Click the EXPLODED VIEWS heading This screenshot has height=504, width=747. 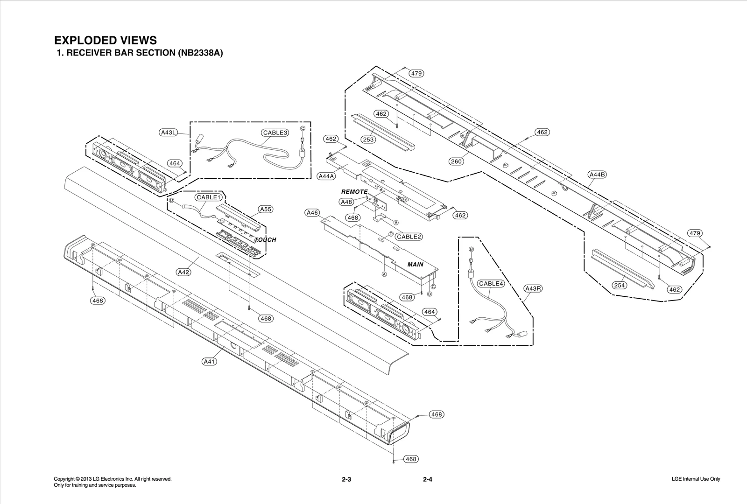coord(106,40)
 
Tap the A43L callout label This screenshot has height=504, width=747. coord(168,132)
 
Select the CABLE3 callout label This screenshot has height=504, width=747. coord(275,133)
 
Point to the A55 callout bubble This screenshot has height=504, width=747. coord(266,209)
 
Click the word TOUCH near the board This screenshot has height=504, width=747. coord(265,240)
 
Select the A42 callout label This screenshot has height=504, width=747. coord(184,272)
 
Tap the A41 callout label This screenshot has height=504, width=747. coord(210,361)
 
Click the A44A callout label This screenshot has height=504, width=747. coord(326,176)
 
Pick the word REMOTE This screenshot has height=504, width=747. coord(354,192)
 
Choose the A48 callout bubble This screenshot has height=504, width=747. coord(346,202)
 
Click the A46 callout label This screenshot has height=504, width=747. coord(312,213)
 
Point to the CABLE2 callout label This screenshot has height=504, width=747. coord(409,237)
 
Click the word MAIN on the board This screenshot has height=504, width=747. coord(416,265)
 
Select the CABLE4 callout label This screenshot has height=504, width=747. coord(491,283)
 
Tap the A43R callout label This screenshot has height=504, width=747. coord(533,288)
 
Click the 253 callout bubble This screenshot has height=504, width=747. coord(369,140)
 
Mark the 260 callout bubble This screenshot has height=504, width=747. coord(456,161)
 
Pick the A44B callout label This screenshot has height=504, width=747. coord(597,175)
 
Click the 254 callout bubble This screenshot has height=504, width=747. coord(619,285)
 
